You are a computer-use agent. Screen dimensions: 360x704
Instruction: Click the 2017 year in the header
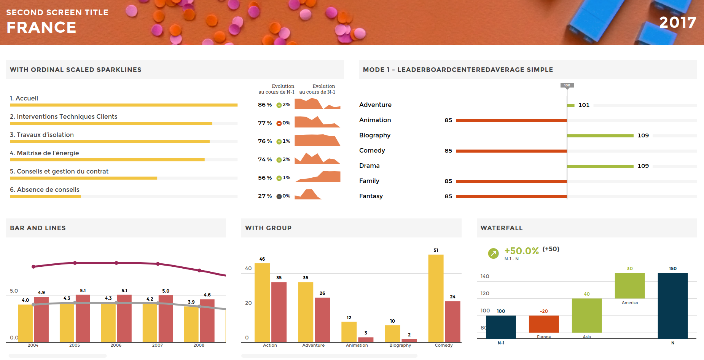pyautogui.click(x=677, y=22)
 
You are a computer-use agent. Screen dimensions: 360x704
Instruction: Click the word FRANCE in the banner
pyautogui.click(x=41, y=27)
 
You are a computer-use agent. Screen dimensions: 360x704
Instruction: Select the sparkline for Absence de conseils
pyautogui.click(x=308, y=194)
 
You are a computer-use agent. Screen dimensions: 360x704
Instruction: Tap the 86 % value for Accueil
pyautogui.click(x=265, y=105)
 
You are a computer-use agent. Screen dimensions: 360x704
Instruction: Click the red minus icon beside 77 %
pyautogui.click(x=279, y=123)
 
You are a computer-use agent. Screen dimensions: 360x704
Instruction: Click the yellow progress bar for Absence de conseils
pyautogui.click(x=45, y=196)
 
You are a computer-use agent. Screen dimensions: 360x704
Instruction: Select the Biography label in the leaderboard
pyautogui.click(x=375, y=135)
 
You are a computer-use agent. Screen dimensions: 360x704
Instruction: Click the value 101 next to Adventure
pyautogui.click(x=584, y=105)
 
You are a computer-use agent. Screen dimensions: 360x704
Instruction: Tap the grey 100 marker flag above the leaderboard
pyautogui.click(x=567, y=85)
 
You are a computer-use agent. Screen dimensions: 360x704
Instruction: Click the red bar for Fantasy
pyautogui.click(x=511, y=197)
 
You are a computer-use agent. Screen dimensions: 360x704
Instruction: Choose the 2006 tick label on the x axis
pyautogui.click(x=116, y=345)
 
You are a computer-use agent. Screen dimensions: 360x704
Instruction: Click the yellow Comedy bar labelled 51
pyautogui.click(x=436, y=298)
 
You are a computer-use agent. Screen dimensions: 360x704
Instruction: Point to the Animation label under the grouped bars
pyautogui.click(x=357, y=345)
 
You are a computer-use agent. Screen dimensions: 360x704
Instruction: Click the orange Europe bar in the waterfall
pyautogui.click(x=544, y=324)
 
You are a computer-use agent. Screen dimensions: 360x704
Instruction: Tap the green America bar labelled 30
pyautogui.click(x=630, y=285)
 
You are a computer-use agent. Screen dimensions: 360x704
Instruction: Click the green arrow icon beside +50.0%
pyautogui.click(x=493, y=253)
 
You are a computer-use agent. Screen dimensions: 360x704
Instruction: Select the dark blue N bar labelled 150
pyautogui.click(x=673, y=305)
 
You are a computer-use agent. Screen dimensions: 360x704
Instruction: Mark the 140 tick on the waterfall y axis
pyautogui.click(x=485, y=276)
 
